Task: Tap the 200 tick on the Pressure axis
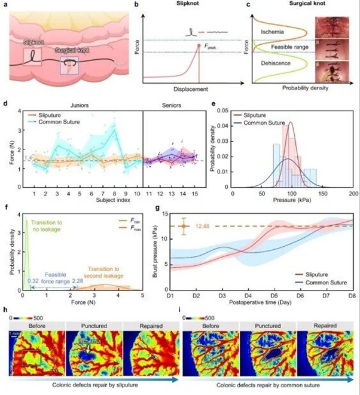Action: [x=353, y=195]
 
